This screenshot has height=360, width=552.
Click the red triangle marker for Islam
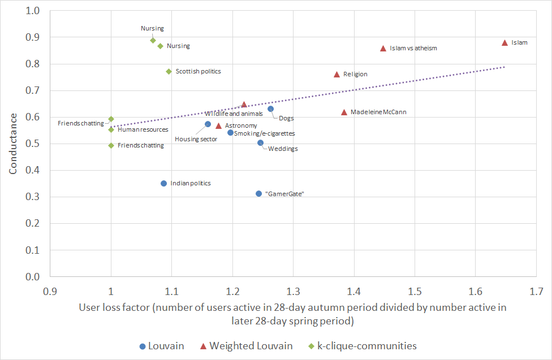click(x=504, y=43)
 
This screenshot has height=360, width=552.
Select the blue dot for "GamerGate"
click(x=258, y=193)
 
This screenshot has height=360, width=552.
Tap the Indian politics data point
click(x=163, y=183)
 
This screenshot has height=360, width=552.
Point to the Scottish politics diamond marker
click(x=169, y=71)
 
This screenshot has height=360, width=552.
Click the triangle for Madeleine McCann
click(x=344, y=112)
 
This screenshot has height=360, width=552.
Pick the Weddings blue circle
click(x=260, y=142)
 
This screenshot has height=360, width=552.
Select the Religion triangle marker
click(x=337, y=74)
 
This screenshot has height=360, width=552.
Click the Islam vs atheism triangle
click(x=383, y=49)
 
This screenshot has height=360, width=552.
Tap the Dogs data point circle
click(x=270, y=109)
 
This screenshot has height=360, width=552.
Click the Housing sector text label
click(x=196, y=139)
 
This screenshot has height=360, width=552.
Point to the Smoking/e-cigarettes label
click(x=264, y=133)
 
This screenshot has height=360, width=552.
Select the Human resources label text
click(x=143, y=129)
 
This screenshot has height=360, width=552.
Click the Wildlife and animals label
click(x=234, y=114)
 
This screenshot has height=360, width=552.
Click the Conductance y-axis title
click(x=13, y=143)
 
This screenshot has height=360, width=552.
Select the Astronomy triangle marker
click(x=218, y=125)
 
